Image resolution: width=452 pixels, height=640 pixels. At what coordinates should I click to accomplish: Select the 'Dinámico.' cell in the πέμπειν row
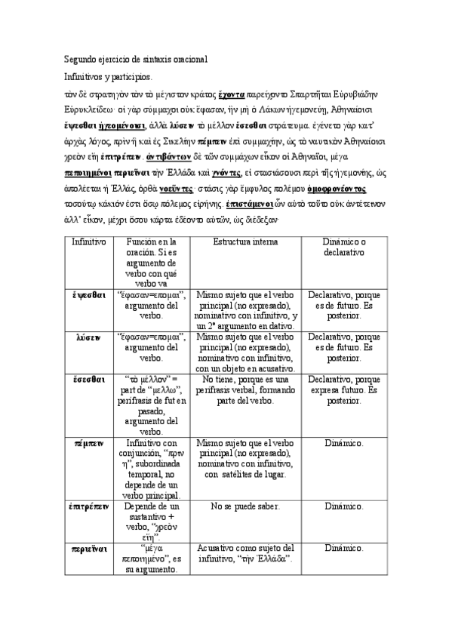pyautogui.click(x=343, y=444)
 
